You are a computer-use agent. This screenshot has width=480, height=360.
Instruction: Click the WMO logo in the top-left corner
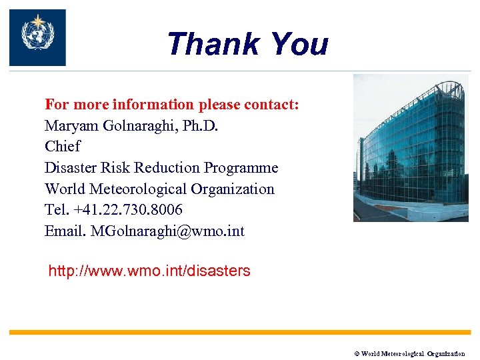point(37,37)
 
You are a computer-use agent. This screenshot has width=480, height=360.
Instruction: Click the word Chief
point(62,147)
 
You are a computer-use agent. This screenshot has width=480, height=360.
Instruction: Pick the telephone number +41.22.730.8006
point(128,210)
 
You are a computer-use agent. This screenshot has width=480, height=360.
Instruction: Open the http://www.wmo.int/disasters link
point(149,271)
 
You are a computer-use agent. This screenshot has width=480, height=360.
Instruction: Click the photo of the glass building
point(411,148)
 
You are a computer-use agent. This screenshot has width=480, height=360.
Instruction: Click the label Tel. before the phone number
point(57,210)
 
